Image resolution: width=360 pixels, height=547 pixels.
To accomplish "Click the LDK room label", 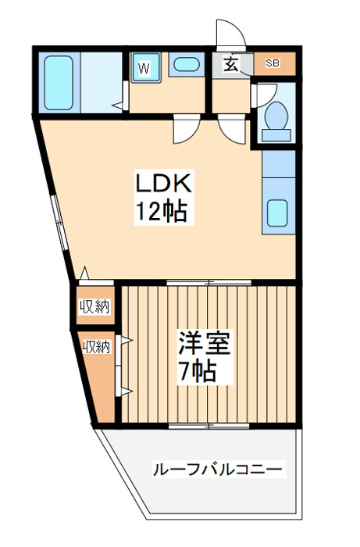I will coord(164,184).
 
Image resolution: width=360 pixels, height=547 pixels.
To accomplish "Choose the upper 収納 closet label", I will coord(94,307).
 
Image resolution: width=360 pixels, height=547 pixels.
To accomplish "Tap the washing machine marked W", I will coord(145,68).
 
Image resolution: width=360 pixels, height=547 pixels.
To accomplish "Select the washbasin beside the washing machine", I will coord(185,66).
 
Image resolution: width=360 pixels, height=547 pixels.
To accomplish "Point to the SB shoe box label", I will coord(272,64).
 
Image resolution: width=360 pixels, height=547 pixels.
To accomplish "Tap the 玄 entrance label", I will coord(232,65).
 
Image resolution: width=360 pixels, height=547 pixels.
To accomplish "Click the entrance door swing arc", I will coord(230,33).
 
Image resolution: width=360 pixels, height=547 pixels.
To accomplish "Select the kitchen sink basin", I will coord(277,213).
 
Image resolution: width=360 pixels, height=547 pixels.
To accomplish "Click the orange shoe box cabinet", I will coord(273,64).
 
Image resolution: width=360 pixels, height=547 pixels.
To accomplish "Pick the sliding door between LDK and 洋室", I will coord(208,282).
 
